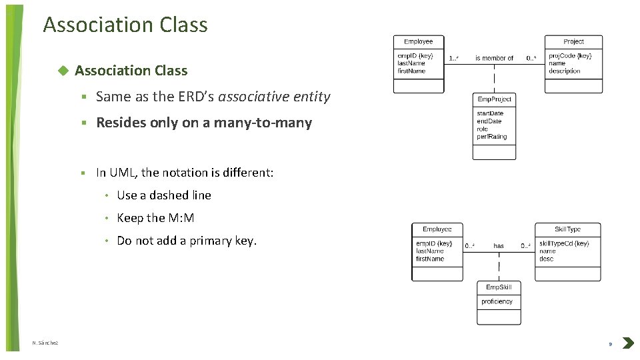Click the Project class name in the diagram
coord(573,41)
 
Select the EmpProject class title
coord(494,99)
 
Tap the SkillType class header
coord(567,229)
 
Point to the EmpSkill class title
coord(499,287)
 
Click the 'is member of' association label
coord(494,59)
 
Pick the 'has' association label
coord(499,246)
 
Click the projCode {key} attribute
coord(570,56)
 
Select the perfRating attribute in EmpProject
coord(492,137)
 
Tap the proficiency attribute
coord(497,301)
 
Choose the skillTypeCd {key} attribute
coord(564,243)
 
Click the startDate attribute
coord(490,113)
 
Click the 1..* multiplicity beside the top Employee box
coord(453,59)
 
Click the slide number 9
coord(609,344)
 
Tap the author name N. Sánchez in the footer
coord(45,343)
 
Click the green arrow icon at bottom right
coord(627,343)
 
